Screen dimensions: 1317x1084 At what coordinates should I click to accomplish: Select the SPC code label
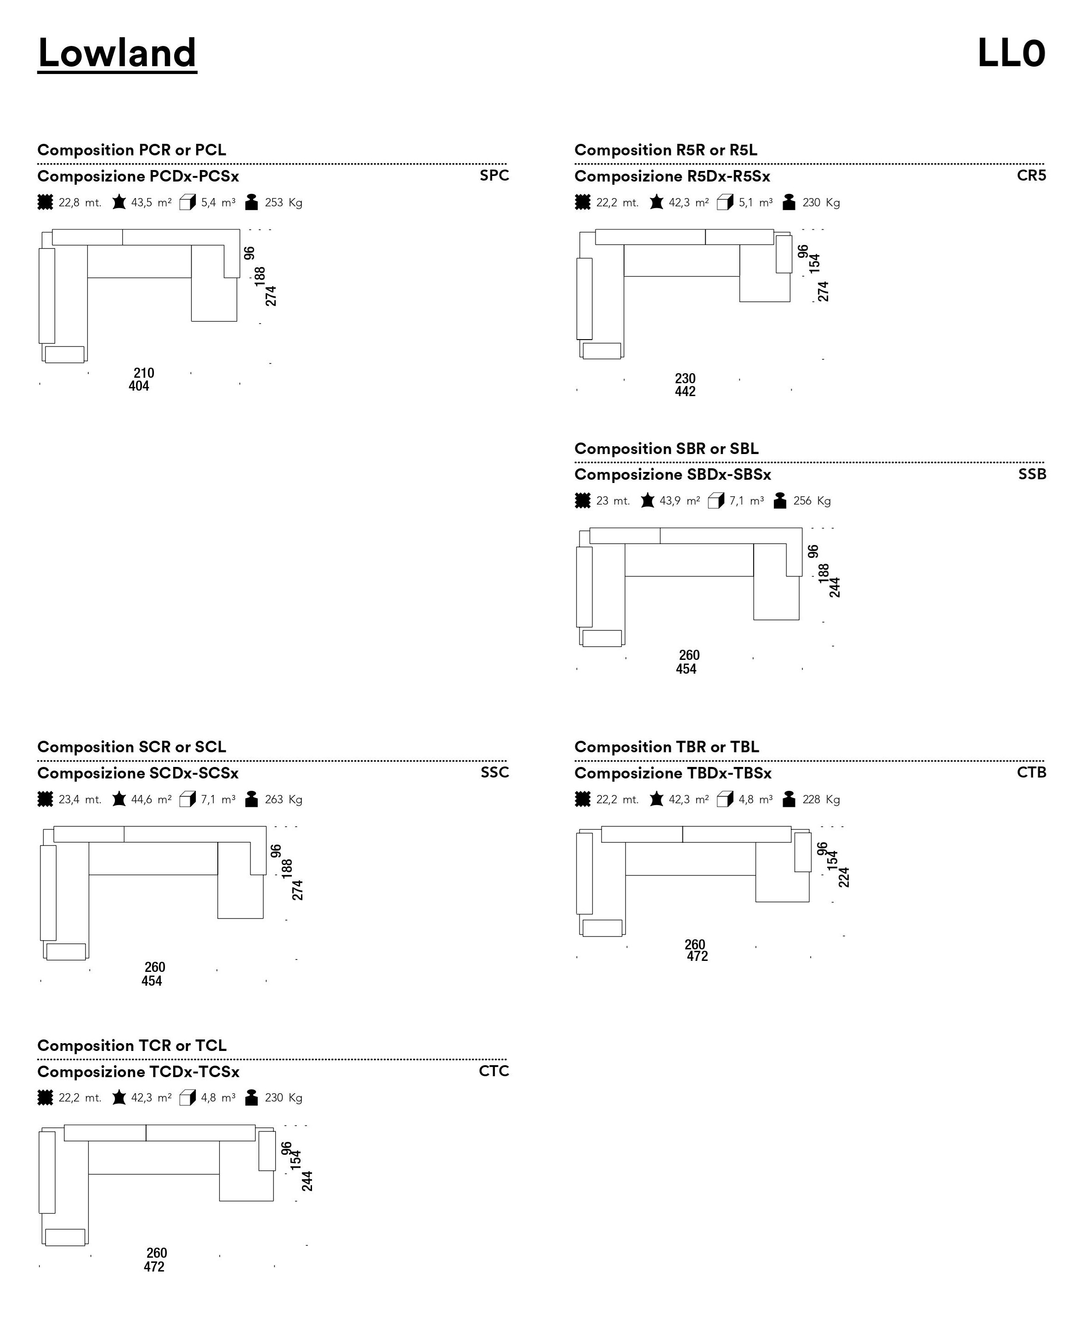point(494,176)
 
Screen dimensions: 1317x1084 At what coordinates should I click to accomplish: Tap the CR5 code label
point(1031,176)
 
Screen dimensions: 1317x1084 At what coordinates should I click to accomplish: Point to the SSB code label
point(1032,474)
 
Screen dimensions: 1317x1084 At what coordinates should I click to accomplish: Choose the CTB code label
point(1031,772)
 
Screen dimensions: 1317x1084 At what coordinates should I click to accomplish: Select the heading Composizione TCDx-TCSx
point(138,1072)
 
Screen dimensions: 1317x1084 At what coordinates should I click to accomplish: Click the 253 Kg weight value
point(284,202)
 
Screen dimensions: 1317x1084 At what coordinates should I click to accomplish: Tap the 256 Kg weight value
point(812,501)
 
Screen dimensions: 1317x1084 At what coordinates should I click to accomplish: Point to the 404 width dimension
point(139,386)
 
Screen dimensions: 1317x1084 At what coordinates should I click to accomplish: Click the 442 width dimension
point(685,392)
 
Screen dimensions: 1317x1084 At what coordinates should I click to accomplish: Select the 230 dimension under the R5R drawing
point(685,379)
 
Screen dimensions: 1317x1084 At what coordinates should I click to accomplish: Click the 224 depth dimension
point(844,877)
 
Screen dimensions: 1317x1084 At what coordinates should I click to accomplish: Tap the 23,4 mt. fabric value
point(80,799)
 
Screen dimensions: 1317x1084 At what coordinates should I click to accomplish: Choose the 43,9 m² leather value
point(679,501)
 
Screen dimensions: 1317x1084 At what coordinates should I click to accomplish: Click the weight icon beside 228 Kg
point(789,799)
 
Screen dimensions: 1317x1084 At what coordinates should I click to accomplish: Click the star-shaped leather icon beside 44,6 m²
point(119,799)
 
